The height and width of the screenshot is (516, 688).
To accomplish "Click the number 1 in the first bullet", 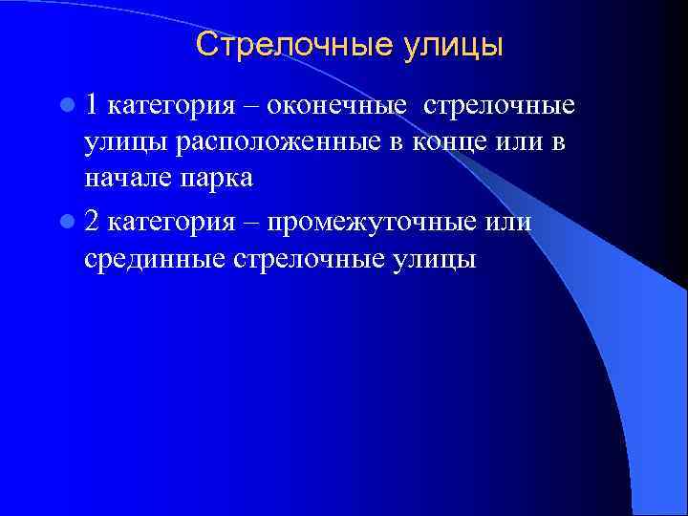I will click(x=91, y=104).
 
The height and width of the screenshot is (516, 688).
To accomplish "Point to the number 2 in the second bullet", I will click(x=92, y=222).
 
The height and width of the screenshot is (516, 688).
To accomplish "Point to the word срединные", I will click(x=153, y=261).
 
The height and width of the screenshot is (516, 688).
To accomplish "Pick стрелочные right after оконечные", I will click(x=498, y=105).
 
